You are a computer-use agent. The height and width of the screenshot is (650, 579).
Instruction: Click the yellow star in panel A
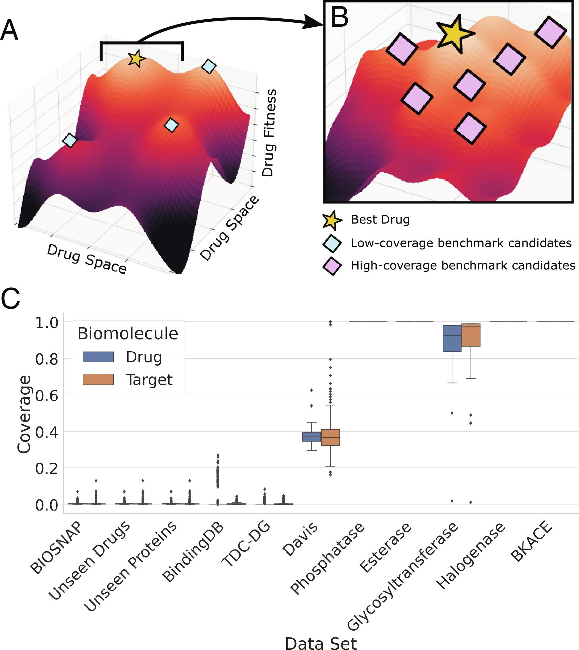click(x=136, y=59)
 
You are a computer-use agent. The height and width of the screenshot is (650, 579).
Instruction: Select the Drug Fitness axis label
click(x=268, y=133)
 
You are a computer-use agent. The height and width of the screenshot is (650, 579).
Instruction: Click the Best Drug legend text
click(x=380, y=220)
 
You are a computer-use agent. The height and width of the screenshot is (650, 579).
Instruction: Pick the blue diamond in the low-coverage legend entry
click(x=332, y=244)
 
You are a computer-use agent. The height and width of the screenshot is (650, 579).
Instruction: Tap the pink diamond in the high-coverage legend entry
click(x=332, y=266)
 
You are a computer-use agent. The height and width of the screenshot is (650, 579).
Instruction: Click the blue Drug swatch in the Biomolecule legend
click(x=98, y=357)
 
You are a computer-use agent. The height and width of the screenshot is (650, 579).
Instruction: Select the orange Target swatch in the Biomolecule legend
click(x=98, y=379)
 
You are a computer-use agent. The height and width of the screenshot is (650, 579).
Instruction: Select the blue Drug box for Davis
click(x=311, y=436)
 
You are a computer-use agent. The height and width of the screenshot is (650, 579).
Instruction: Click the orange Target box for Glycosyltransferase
click(x=470, y=335)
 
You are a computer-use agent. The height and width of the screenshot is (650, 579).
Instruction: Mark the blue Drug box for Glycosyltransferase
click(x=452, y=338)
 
